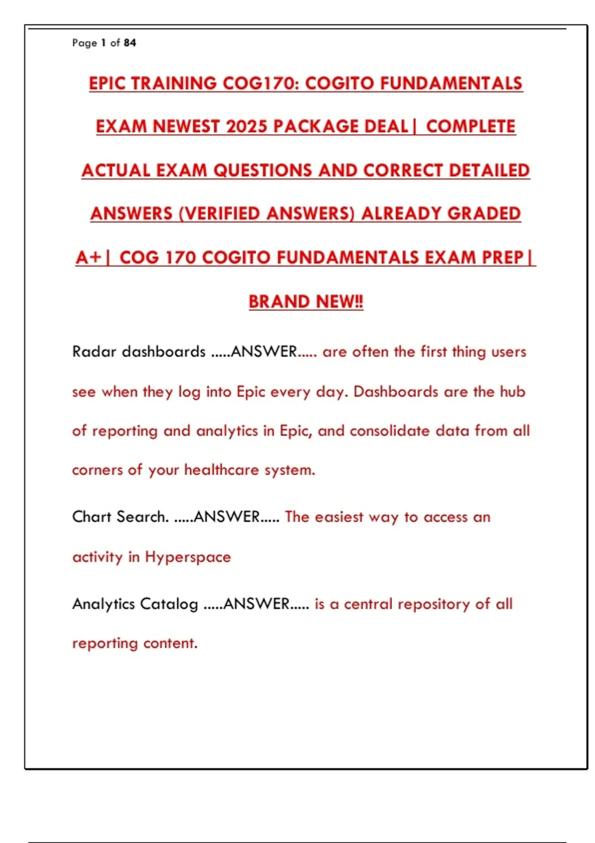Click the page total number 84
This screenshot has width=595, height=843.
click(130, 43)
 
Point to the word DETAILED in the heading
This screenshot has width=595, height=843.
click(489, 171)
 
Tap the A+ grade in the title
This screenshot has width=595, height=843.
click(88, 258)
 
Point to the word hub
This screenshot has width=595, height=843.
click(512, 392)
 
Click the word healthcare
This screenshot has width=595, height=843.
click(222, 470)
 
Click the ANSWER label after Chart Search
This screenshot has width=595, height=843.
click(227, 517)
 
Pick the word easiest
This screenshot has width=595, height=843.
click(339, 517)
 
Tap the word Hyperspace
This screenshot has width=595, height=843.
click(188, 557)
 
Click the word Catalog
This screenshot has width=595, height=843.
click(169, 604)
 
